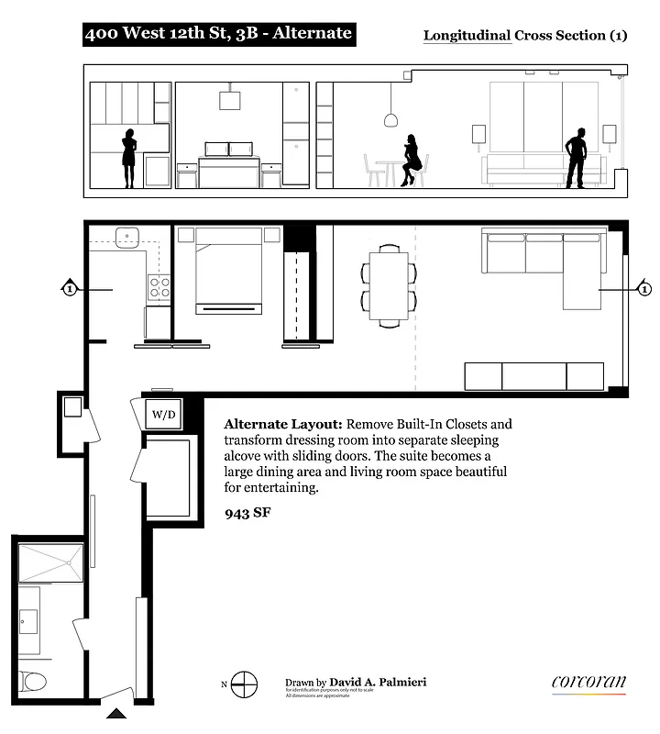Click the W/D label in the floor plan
point(163,415)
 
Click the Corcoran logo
point(588,683)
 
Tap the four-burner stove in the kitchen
point(159,287)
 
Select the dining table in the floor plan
point(389,284)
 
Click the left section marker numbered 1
point(69,290)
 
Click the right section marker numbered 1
point(644,290)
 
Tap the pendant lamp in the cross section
point(390,120)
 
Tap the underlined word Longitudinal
point(466,36)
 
